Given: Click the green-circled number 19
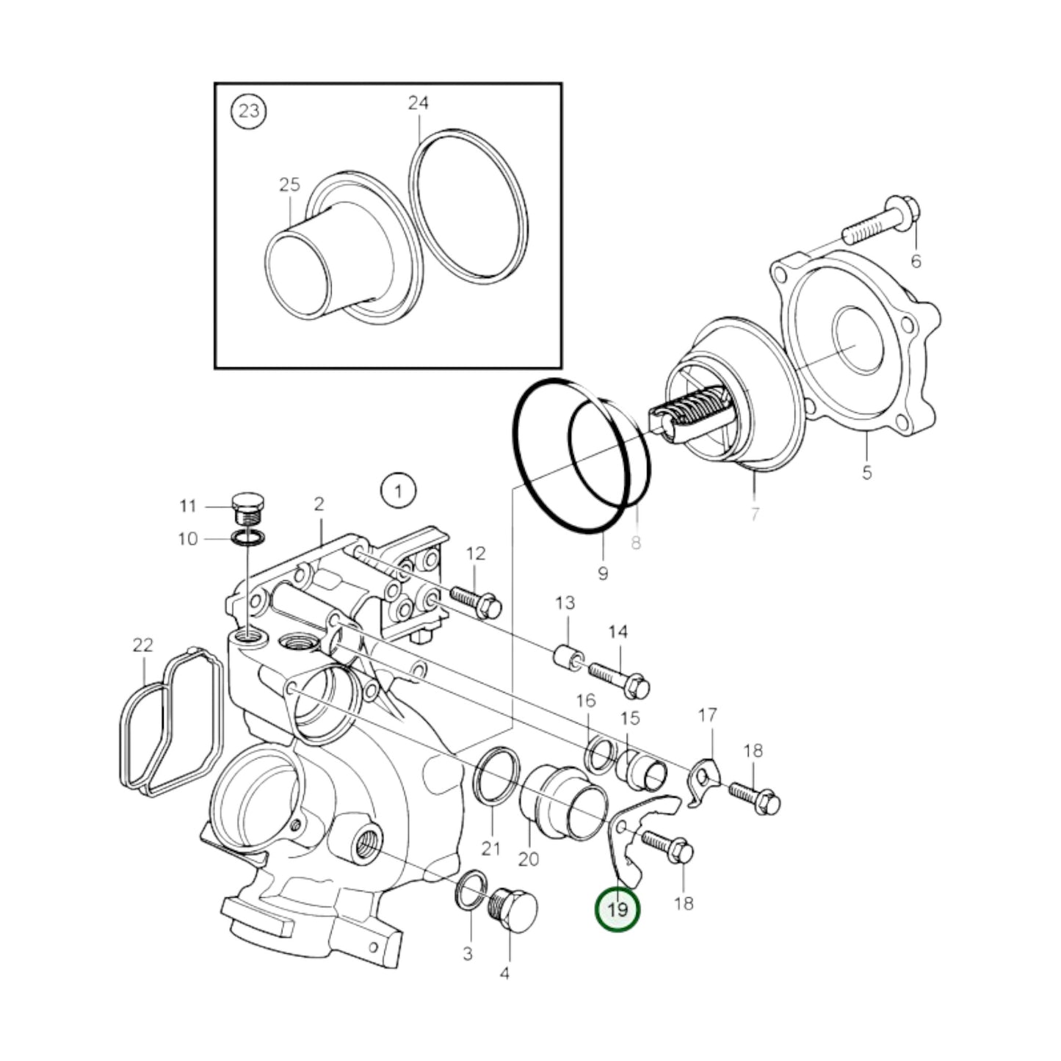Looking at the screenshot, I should (x=618, y=910).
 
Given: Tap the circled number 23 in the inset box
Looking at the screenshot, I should (x=249, y=112).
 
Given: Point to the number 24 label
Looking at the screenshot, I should (x=418, y=104).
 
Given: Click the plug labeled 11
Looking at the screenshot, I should (x=248, y=507).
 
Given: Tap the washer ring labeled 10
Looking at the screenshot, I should (x=248, y=538).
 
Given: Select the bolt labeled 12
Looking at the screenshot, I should (x=476, y=598).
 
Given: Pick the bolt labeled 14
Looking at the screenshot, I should (x=619, y=678).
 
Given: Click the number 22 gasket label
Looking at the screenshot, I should (x=142, y=645).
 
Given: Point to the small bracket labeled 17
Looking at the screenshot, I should (x=706, y=778).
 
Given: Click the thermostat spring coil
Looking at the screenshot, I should (x=694, y=417).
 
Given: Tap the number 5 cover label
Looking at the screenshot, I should (x=866, y=472).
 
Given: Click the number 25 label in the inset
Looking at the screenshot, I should (x=289, y=184).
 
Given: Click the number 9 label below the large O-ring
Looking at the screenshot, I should (x=603, y=573).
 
